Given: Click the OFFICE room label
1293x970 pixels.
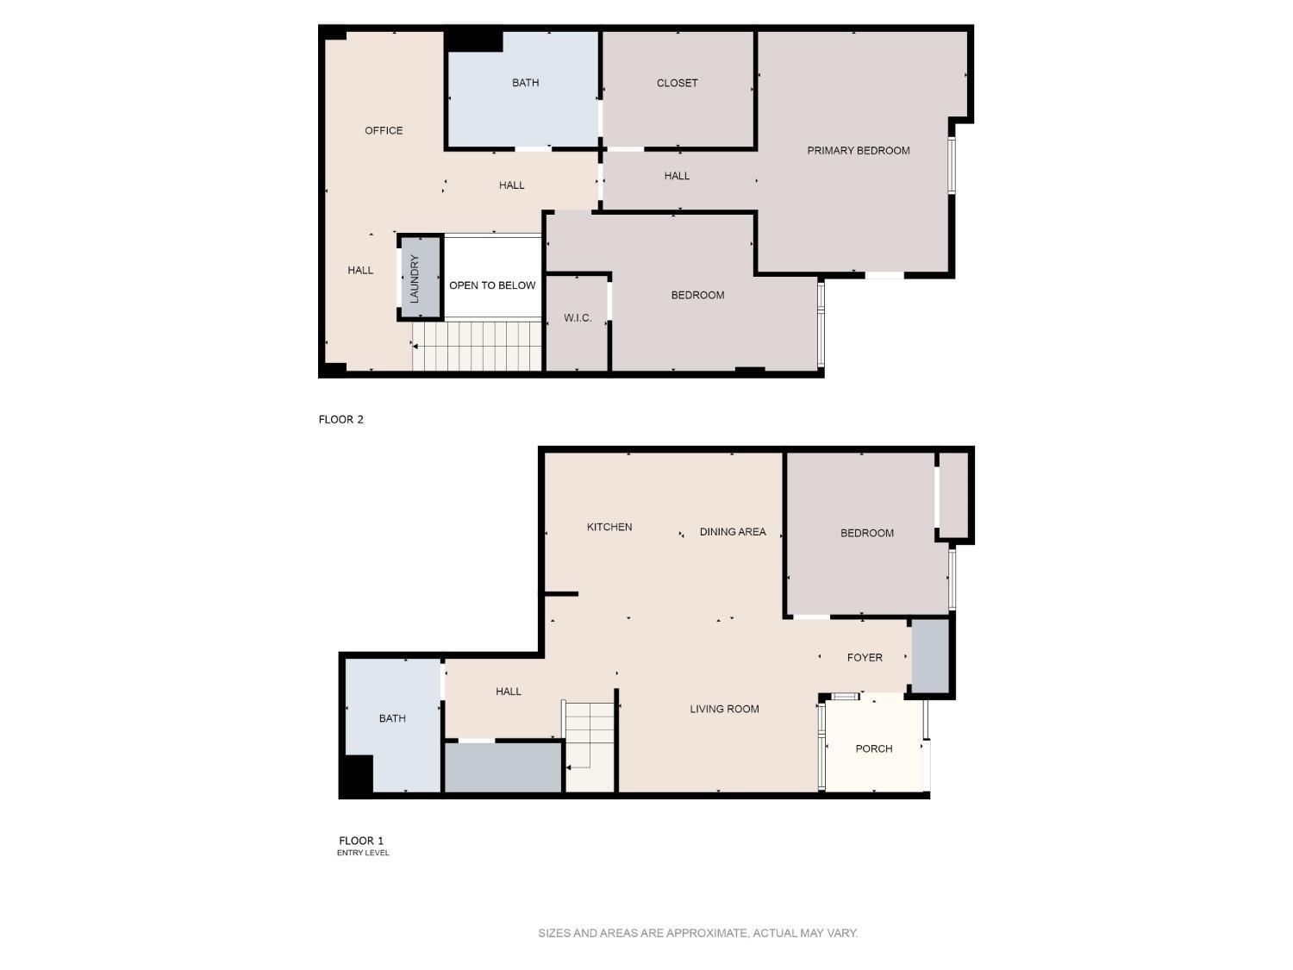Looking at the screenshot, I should pos(384,130).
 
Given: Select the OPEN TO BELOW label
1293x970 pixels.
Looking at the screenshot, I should pos(492,285).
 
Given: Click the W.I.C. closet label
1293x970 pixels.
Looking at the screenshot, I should pos(578,318).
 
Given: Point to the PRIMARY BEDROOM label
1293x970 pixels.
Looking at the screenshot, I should pos(858,151).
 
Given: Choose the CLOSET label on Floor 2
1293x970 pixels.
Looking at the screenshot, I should pos(677,84).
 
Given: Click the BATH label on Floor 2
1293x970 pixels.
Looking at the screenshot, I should pos(525,84).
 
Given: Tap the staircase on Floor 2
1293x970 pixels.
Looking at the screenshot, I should pos(477,346).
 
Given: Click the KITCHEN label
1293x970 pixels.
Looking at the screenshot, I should pos(609,527).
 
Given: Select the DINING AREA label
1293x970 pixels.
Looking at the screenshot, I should pos(733,532).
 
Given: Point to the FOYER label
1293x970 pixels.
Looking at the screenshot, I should pos(865,658).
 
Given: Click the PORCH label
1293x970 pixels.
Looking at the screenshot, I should pos(873,748).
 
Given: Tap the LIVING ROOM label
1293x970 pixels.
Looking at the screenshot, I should pos(724,710).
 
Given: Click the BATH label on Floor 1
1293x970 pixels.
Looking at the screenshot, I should pos(392,718).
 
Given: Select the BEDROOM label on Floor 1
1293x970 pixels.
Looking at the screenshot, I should pos(866,533).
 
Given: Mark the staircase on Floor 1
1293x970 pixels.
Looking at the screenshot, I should pos(590,746).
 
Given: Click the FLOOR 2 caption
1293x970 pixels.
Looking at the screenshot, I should pos(341,420).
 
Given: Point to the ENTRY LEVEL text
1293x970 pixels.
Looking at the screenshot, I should pos(363,853).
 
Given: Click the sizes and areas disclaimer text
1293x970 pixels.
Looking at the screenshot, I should pos(697,933).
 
